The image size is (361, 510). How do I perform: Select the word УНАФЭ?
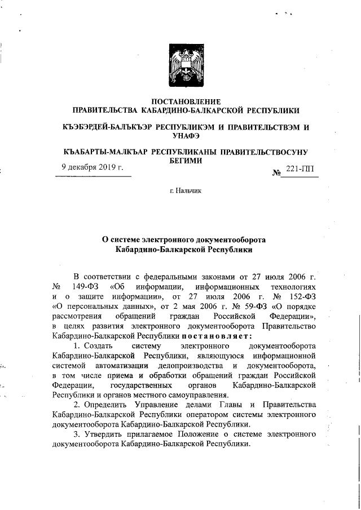click(186, 135)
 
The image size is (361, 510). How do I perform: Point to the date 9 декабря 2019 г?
click(93, 167)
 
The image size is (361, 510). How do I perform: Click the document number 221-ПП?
click(300, 170)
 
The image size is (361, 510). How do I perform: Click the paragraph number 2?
click(77, 405)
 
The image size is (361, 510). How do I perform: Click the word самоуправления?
click(188, 395)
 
